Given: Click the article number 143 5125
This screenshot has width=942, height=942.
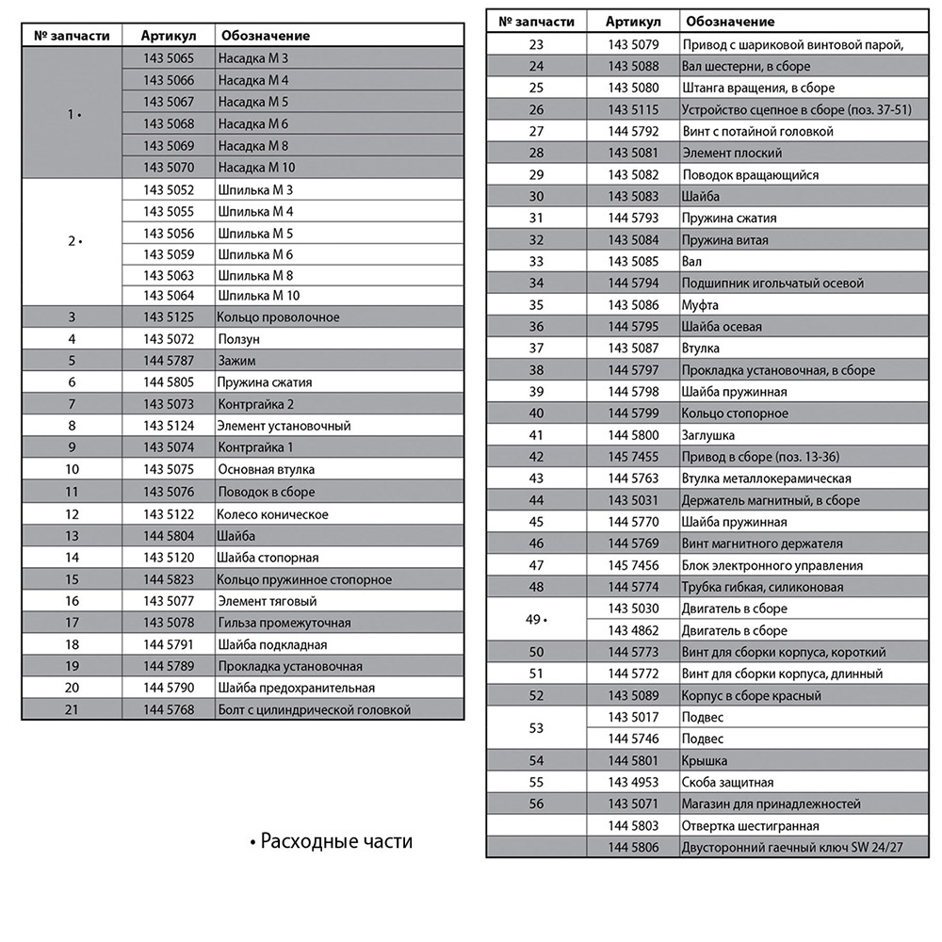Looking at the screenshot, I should [x=169, y=317].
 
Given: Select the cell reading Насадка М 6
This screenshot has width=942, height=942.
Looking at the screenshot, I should [x=252, y=123].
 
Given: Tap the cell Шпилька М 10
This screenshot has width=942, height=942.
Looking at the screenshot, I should [x=258, y=296].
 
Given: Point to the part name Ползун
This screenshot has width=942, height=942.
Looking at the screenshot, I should [x=238, y=339].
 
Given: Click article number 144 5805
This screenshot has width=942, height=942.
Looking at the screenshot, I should [x=169, y=382].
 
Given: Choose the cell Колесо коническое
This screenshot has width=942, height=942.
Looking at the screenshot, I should [x=272, y=514].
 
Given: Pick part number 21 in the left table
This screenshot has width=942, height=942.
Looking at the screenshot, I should [x=72, y=709].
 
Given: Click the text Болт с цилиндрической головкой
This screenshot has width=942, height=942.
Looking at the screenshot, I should [x=314, y=709].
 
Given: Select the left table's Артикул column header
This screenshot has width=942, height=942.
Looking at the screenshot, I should [x=169, y=36].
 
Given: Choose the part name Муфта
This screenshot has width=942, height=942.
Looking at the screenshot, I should [x=700, y=305].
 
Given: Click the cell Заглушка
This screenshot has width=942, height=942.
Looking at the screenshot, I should [x=708, y=435].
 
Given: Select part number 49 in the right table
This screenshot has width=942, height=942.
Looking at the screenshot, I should [x=537, y=619].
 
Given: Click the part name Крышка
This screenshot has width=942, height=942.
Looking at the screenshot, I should [x=705, y=760].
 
